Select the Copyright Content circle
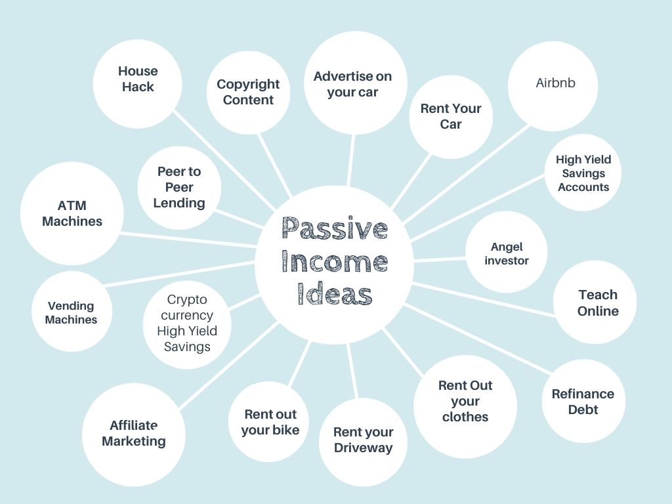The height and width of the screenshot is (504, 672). [248, 93]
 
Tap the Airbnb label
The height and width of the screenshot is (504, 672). [555, 83]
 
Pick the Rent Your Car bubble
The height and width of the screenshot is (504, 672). [451, 116]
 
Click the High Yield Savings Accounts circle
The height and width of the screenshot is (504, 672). [583, 173]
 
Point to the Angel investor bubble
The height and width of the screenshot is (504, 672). [507, 253]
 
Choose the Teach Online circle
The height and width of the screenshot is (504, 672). [597, 303]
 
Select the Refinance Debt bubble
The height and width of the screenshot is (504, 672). [583, 402]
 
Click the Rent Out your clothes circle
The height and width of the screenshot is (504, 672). [465, 401]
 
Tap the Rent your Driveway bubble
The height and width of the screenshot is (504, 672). [363, 440]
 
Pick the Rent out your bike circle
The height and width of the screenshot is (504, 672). [270, 422]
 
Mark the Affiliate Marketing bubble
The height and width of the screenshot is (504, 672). [134, 433]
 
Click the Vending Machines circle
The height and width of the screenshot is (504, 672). [71, 312]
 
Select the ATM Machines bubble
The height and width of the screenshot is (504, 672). [72, 214]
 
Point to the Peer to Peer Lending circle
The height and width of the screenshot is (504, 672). [179, 187]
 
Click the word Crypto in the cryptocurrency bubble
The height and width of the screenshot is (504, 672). [187, 300]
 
